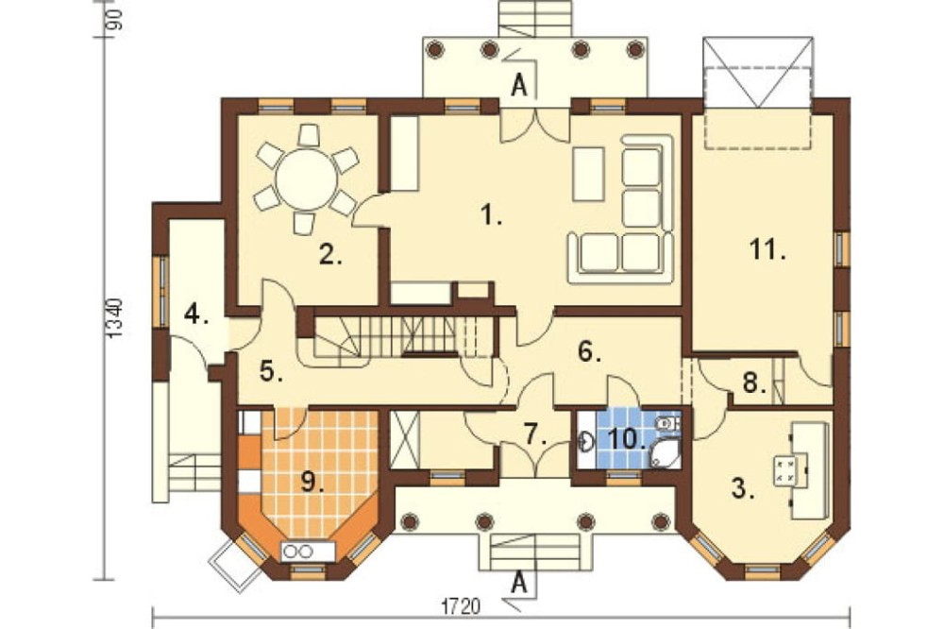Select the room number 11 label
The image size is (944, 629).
click(x=767, y=248)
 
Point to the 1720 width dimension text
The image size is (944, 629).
click(x=462, y=605)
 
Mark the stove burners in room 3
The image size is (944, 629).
click(x=785, y=470)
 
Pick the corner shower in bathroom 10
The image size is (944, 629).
click(x=665, y=454)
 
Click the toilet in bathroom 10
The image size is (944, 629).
click(x=666, y=423)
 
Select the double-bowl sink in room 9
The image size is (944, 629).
click(x=299, y=551)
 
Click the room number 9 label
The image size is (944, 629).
click(x=312, y=482)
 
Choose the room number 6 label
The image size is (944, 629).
click(x=589, y=352)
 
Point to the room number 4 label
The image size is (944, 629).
click(x=196, y=314)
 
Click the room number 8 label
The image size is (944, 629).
click(x=753, y=382)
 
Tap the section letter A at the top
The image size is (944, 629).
click(x=518, y=86)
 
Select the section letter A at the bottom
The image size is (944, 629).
click(x=519, y=583)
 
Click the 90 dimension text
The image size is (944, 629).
click(x=116, y=19)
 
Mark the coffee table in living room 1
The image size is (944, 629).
click(x=588, y=174)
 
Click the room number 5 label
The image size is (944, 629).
click(x=271, y=371)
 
